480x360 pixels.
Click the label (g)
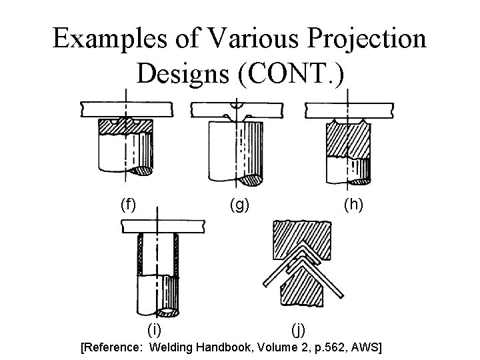point(239,205)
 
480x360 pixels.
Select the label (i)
point(154,327)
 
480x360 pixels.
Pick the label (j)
point(299,328)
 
